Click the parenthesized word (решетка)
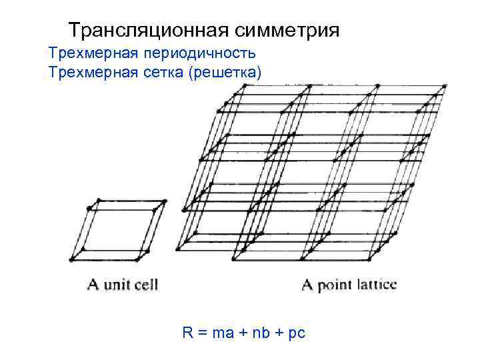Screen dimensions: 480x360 (x=225, y=72)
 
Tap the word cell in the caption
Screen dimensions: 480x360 (x=145, y=285)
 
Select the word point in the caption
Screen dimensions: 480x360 (x=334, y=286)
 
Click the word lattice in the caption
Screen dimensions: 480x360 (x=375, y=285)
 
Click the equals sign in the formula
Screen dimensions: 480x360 (x=201, y=332)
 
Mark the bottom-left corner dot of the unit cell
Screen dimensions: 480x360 (x=72, y=259)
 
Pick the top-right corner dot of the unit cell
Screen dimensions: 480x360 (x=165, y=201)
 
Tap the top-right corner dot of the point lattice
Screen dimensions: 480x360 (x=444, y=86)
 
